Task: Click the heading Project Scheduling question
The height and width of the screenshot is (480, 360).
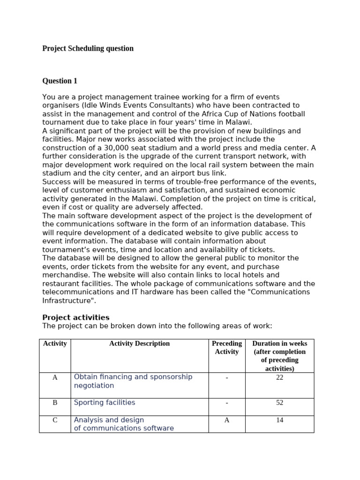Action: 88,48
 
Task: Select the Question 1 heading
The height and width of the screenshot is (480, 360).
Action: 60,81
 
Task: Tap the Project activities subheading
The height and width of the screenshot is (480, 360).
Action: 75,317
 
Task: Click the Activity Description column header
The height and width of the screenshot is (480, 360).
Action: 139,344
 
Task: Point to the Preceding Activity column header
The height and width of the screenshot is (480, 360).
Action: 227,347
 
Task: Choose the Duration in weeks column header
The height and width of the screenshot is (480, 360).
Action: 279,356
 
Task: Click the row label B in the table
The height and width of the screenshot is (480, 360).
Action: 55,403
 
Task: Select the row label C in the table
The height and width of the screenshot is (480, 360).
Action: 55,420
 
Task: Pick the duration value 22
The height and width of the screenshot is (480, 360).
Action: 279,377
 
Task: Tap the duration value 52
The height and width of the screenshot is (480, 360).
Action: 279,403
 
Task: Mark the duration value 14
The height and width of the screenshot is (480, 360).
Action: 279,420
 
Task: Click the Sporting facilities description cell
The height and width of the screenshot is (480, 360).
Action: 105,403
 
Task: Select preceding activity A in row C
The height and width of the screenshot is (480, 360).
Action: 227,420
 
